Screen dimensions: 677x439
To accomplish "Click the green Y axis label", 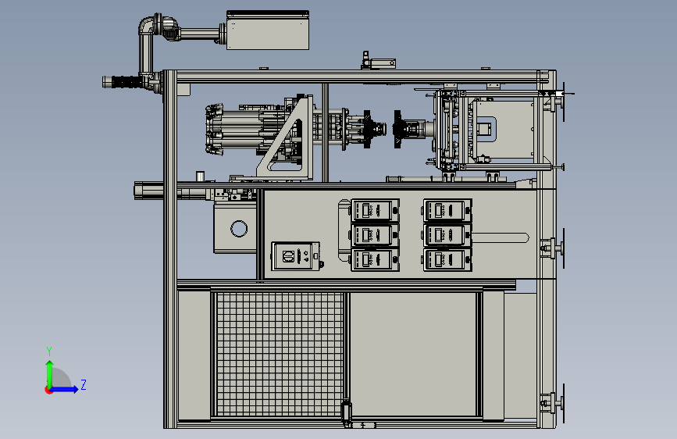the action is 49,352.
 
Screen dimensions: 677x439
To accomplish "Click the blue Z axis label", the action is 84,384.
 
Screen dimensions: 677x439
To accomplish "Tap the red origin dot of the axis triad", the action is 48,390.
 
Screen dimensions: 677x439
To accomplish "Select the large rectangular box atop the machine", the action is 268,30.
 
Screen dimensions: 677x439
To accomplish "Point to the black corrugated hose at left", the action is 125,82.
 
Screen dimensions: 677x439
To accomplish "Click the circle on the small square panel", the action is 239,229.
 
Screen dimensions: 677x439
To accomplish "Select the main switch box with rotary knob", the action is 296,256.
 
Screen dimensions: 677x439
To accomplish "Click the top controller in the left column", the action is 375,210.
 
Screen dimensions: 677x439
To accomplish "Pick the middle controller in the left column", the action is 375,235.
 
